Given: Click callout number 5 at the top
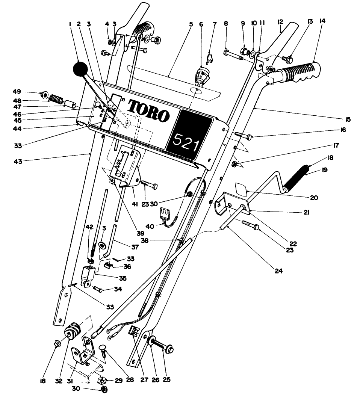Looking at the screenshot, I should click(191, 24).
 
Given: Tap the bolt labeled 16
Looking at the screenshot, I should click(244, 135).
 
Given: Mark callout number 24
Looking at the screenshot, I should click(278, 270).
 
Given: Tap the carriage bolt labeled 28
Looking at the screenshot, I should click(103, 343).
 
